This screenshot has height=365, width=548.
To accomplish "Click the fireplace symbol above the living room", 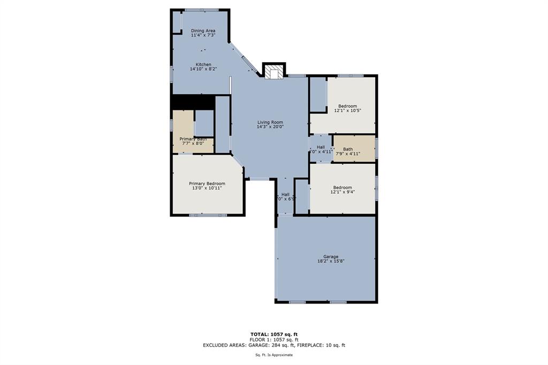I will coord(273,72).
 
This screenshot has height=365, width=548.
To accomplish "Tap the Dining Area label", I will coord(203,31).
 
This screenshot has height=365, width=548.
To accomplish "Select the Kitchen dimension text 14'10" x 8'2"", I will coord(203,69).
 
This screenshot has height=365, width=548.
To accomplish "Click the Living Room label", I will coord(270,122).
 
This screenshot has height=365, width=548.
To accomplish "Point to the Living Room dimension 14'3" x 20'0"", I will coord(270,127).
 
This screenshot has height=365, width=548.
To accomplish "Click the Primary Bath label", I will coord(193,139).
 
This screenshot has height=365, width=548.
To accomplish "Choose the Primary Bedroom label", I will coord(207,183).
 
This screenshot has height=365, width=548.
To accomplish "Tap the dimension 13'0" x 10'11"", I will coord(207,188).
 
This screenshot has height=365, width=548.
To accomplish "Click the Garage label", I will coord(330,256).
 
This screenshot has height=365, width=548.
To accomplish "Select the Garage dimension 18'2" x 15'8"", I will coord(330,261).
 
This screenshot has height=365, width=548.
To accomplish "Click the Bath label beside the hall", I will coord(348,149).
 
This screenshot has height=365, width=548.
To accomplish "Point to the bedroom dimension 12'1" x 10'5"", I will coord(347,111).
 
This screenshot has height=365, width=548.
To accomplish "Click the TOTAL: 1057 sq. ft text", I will coord(273,334).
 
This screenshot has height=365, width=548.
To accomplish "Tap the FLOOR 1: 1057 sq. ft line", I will coord(273,339).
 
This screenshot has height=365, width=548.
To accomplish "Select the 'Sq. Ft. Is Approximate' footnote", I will coord(273,355).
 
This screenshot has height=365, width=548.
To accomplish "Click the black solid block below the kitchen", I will coord(193,102).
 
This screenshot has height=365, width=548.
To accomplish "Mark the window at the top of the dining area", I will coord(202,10).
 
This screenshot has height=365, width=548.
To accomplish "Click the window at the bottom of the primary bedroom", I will coord(208,215).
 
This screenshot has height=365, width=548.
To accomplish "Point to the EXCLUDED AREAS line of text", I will coord(273,345).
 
